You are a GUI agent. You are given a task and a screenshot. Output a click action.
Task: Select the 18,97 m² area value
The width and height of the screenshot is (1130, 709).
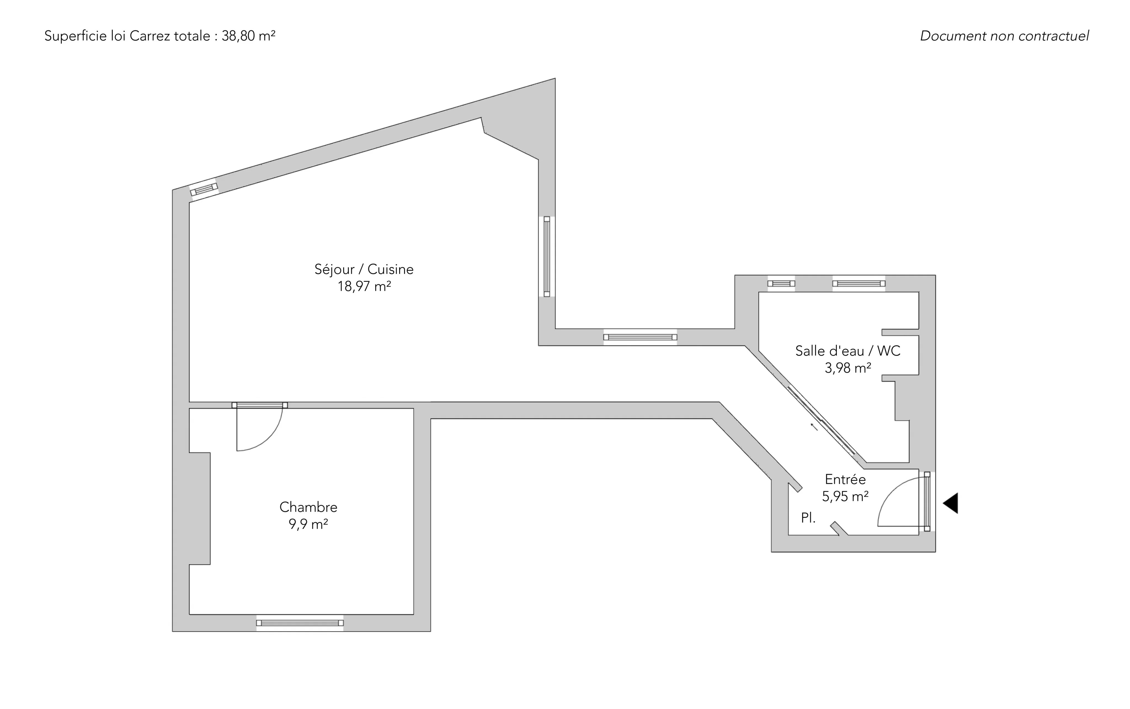364,286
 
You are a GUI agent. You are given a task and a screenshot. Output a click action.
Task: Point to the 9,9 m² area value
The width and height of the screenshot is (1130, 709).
308,524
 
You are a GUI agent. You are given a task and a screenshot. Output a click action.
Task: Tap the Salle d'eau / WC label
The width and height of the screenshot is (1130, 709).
847,351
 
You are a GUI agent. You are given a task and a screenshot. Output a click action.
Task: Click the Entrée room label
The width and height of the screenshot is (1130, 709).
845,479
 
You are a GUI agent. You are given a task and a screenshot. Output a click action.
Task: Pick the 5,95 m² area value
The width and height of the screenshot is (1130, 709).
845,496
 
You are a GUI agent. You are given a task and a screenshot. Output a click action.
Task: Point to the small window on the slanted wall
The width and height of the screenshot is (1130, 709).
204,189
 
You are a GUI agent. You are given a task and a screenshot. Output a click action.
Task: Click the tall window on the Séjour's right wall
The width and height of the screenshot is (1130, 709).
547,256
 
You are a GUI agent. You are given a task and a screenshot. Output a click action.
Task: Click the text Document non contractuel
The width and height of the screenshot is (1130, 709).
1004,36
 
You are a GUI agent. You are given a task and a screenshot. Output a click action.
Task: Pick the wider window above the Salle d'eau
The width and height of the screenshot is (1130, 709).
859,283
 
